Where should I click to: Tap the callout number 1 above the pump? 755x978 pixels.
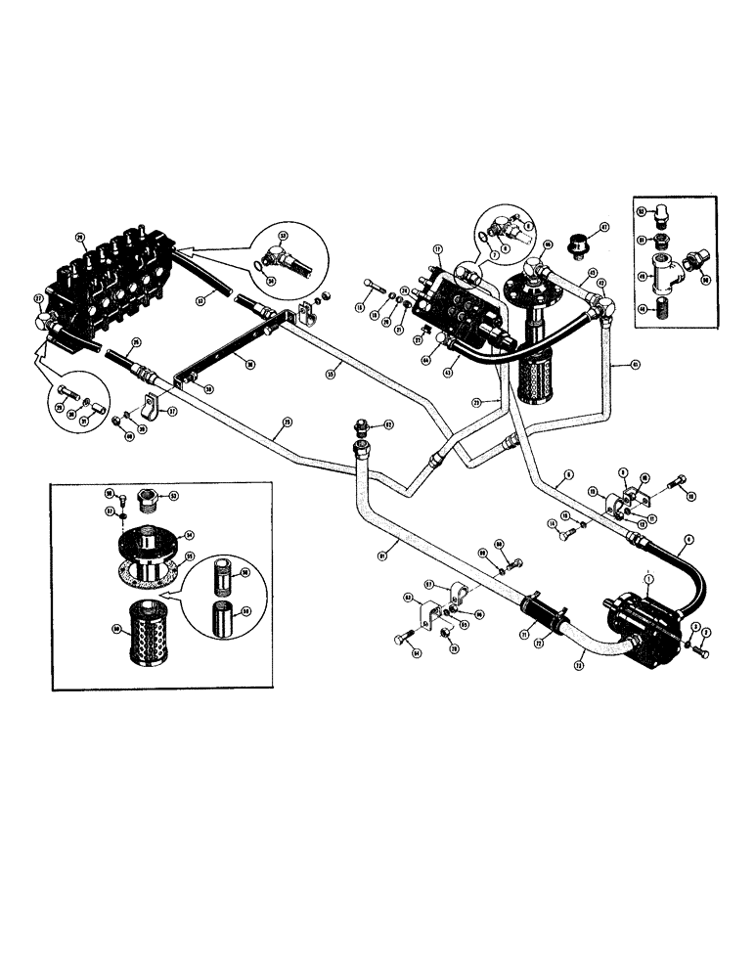(x=646, y=579)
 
